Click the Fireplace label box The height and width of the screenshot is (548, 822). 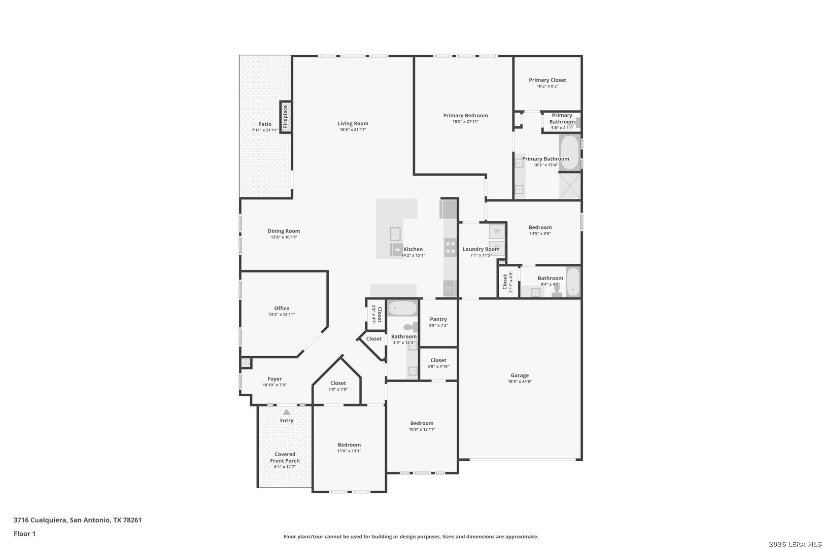pyautogui.click(x=286, y=117)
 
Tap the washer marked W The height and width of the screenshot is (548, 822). pyautogui.click(x=497, y=231)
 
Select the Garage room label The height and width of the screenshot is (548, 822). pyautogui.click(x=520, y=375)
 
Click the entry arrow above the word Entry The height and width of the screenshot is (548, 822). pyautogui.click(x=287, y=412)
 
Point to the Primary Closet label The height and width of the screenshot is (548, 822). pyautogui.click(x=547, y=80)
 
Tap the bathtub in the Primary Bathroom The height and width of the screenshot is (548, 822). pyautogui.click(x=569, y=152)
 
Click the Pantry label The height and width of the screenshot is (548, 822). pyautogui.click(x=438, y=319)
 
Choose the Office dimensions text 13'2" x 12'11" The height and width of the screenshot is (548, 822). pyautogui.click(x=282, y=315)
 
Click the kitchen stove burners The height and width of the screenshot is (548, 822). pyautogui.click(x=450, y=247)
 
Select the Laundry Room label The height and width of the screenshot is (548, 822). pyautogui.click(x=481, y=249)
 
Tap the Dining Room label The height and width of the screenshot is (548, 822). pyautogui.click(x=284, y=231)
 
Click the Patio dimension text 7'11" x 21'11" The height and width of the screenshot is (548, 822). pyautogui.click(x=264, y=130)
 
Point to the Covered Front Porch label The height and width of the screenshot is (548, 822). pyautogui.click(x=285, y=457)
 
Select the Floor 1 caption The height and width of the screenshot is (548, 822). pyautogui.click(x=24, y=534)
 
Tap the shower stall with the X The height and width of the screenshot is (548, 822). pyautogui.click(x=570, y=186)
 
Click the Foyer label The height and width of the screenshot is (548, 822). pyautogui.click(x=275, y=379)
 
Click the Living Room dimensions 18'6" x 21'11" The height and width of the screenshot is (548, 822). pyautogui.click(x=353, y=129)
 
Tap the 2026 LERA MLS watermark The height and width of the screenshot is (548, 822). pyautogui.click(x=795, y=544)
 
